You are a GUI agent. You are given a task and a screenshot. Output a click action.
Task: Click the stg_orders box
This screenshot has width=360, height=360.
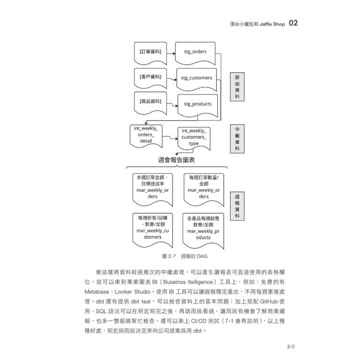[195, 53]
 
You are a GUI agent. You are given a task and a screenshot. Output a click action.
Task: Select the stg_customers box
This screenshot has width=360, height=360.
[196, 79]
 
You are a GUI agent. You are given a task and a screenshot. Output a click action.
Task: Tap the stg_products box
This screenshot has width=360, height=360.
[198, 105]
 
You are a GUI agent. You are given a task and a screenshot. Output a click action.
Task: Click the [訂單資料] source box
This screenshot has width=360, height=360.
[150, 53]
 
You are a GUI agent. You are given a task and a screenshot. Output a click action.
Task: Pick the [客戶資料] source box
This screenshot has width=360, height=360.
[150, 78]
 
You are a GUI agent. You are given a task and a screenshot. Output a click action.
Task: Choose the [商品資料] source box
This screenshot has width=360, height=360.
[150, 102]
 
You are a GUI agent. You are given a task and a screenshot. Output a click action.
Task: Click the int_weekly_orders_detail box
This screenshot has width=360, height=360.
[146, 135]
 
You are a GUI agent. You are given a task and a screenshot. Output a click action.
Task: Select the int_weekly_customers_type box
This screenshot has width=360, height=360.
[194, 138]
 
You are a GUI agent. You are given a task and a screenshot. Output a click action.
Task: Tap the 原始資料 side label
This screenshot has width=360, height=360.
[237, 87]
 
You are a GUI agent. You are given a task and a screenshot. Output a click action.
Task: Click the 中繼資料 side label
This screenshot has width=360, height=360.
[237, 139]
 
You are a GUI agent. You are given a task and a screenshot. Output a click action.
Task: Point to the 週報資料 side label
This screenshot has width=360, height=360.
[237, 206]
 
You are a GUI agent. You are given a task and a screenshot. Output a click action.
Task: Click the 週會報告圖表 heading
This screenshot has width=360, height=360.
[176, 160]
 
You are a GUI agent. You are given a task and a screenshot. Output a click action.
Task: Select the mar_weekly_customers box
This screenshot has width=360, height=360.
[153, 229]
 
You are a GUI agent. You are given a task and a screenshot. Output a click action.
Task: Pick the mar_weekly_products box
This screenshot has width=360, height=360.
[203, 230]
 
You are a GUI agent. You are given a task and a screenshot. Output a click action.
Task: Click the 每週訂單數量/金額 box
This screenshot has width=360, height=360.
[204, 189]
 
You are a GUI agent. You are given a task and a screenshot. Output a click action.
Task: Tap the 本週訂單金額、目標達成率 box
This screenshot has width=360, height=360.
[153, 189]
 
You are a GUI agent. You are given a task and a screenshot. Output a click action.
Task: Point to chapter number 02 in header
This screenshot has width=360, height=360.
[293, 23]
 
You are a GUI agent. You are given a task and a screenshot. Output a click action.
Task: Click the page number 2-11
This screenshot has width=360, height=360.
[291, 347]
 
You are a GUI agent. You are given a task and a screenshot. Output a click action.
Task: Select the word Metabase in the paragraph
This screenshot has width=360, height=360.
[96, 292]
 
